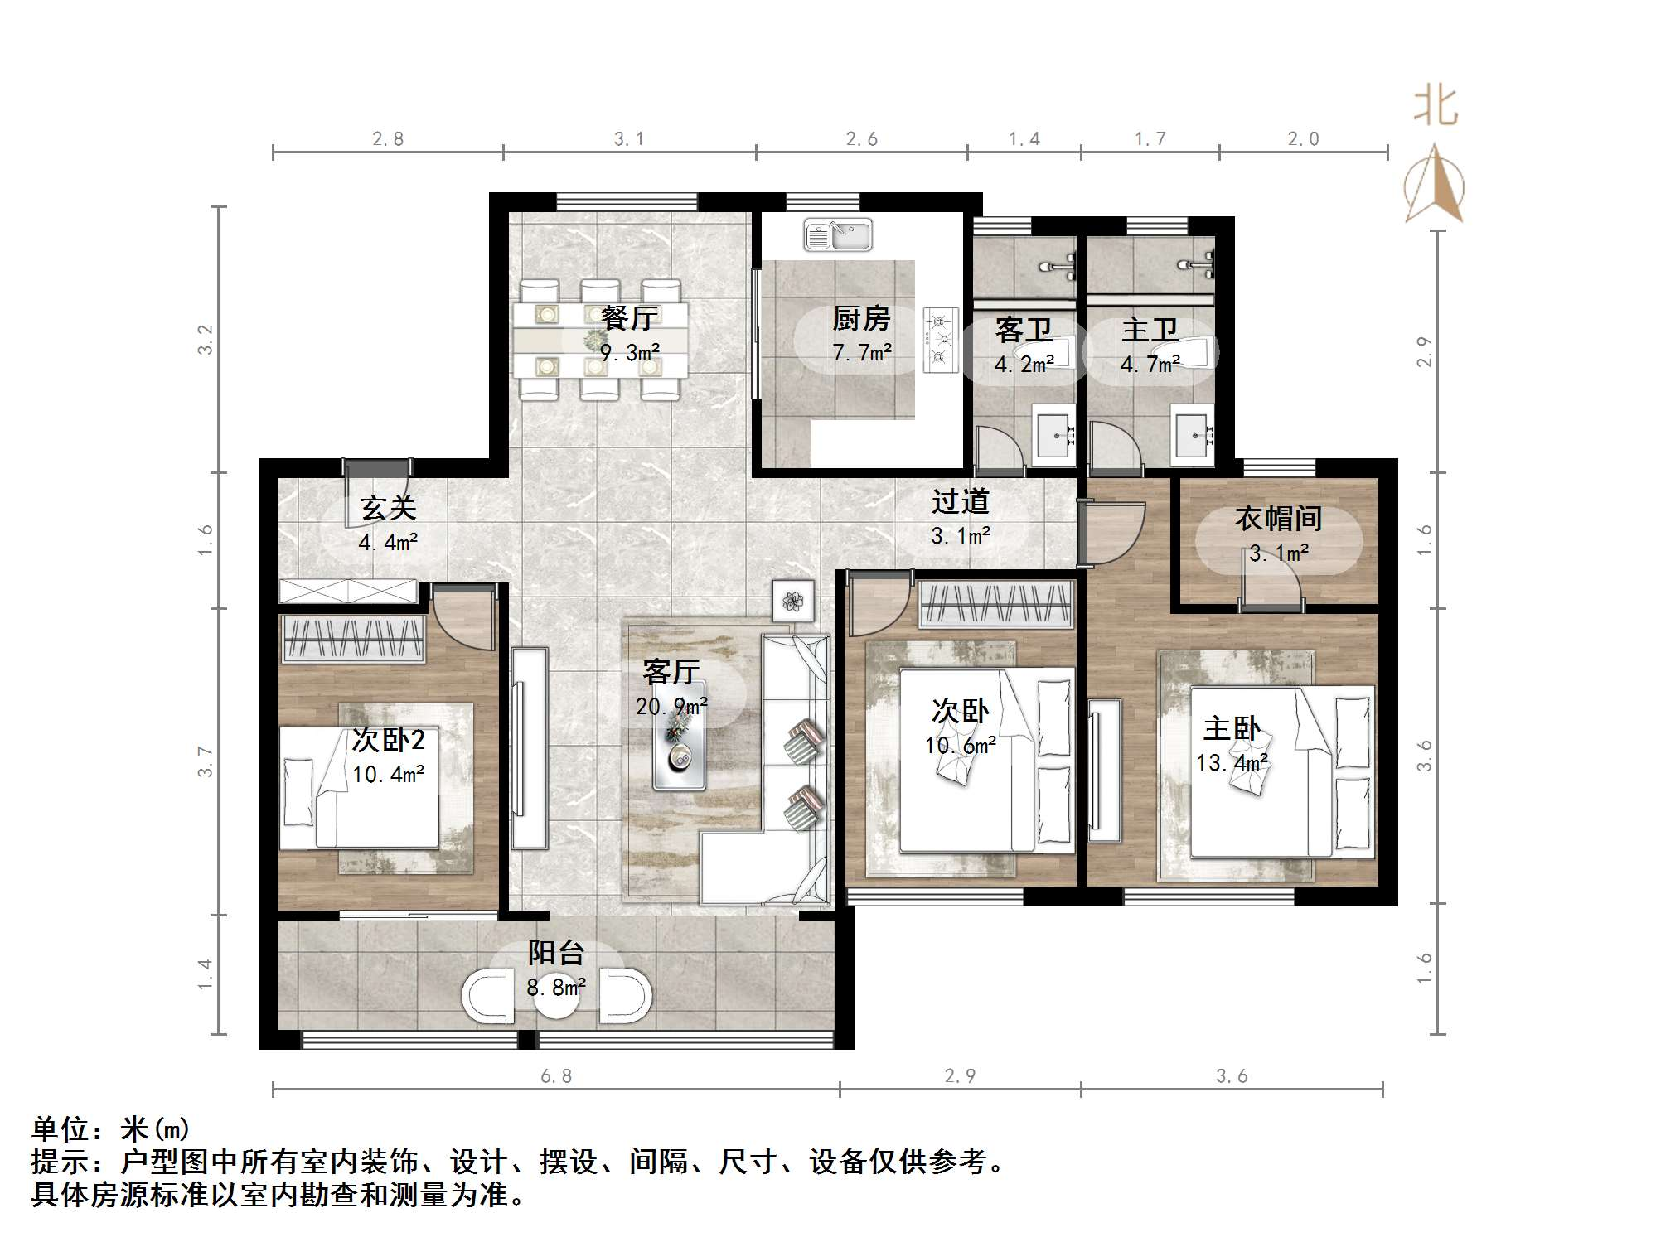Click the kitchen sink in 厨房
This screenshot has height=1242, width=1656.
click(x=838, y=235)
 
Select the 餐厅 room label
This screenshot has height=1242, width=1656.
click(x=629, y=317)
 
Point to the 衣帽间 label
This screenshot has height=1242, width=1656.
click(x=1278, y=519)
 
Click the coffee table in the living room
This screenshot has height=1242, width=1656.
click(x=680, y=736)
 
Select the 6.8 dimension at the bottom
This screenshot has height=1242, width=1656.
click(x=556, y=1075)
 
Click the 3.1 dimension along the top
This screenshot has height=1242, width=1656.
click(x=628, y=139)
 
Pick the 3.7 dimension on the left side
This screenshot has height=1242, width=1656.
click(x=205, y=761)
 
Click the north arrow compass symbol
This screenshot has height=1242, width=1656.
click(x=1434, y=184)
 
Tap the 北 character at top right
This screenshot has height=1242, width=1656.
click(x=1435, y=107)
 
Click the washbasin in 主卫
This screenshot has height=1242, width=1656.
click(x=1193, y=432)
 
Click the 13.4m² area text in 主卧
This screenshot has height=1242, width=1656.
click(x=1232, y=762)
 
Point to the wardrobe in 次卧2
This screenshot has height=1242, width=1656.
click(x=353, y=638)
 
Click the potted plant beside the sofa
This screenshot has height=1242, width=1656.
click(x=794, y=600)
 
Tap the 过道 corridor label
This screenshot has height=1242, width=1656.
click(x=960, y=501)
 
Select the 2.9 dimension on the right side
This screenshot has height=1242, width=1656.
click(x=1424, y=350)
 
